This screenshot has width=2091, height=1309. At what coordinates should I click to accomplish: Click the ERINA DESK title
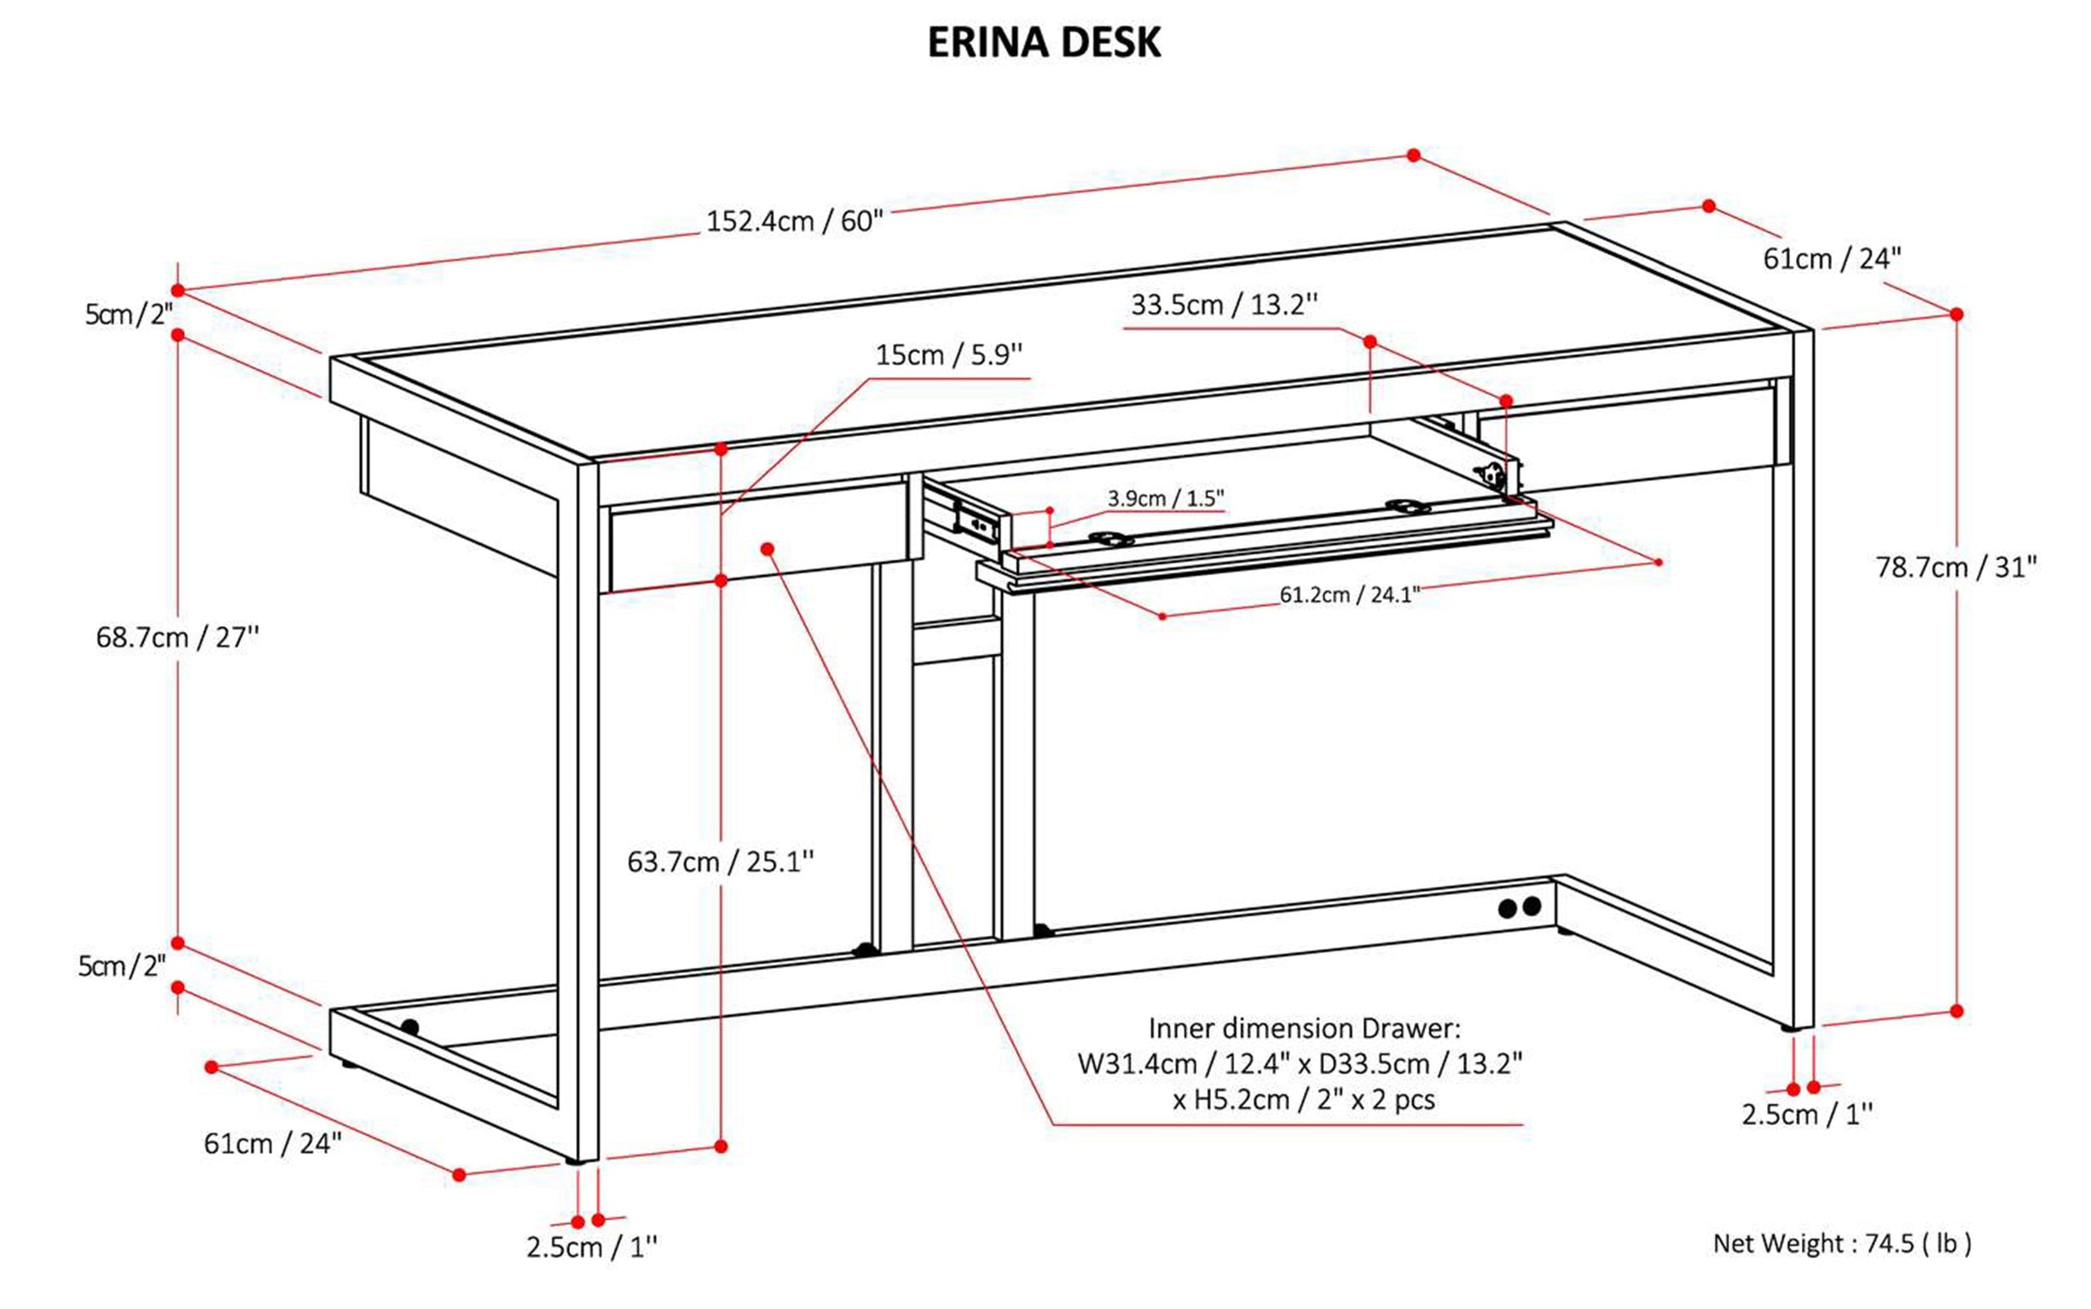pos(1043,43)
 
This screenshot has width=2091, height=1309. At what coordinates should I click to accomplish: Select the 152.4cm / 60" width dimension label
pos(794,221)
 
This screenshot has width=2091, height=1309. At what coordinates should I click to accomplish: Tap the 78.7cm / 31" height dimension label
pos(1956,568)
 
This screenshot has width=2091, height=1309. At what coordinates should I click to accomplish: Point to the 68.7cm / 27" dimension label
pos(177,638)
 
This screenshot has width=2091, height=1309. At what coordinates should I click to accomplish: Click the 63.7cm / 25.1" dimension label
pos(720,862)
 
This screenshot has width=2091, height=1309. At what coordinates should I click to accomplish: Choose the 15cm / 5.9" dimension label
pos(949,355)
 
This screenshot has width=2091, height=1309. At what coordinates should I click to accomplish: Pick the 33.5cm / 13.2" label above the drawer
pos(1224,305)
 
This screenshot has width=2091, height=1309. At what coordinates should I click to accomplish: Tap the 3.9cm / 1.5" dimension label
pos(1166,499)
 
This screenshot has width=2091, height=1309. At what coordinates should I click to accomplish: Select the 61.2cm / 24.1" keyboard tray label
pos(1350,594)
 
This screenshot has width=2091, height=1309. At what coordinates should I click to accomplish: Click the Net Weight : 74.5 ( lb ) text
pos(1842,1244)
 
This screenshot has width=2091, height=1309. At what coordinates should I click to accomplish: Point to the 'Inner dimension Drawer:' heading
pos(1304,1029)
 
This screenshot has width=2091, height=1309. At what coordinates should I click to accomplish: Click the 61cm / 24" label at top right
pos(1832,259)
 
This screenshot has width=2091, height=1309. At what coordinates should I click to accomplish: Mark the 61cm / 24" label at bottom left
pos(273,1144)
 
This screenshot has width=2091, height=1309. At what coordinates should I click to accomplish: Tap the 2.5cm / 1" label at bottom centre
pos(591,1248)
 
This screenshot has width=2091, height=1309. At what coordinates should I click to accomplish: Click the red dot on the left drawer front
pos(767,549)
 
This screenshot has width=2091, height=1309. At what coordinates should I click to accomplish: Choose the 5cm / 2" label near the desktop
pos(129,314)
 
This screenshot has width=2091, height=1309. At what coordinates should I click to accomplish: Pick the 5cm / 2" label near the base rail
pos(122,966)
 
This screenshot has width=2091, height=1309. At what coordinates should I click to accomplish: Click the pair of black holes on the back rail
pos(1519,908)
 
